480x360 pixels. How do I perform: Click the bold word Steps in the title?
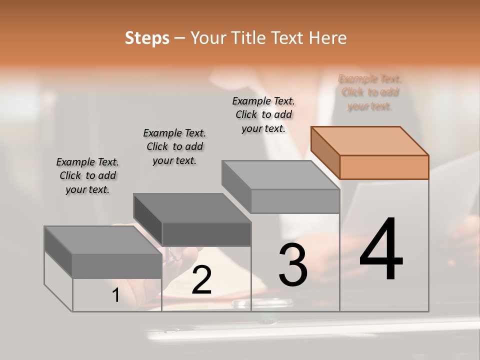(x=147, y=38)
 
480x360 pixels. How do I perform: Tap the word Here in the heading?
(x=327, y=38)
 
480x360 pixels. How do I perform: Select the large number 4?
(x=381, y=250)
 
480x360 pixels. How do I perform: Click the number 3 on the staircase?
(x=293, y=265)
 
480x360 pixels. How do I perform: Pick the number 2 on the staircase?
(x=201, y=280)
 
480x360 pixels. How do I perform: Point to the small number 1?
(x=116, y=295)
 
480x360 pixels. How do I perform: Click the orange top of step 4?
(x=369, y=140)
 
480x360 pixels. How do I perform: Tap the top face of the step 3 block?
(x=280, y=175)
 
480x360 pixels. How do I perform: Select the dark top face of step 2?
(x=191, y=207)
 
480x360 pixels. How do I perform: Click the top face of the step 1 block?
(x=102, y=240)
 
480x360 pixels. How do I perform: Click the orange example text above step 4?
(x=370, y=92)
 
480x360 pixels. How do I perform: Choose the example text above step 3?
(x=263, y=114)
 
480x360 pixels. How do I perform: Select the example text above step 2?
(x=174, y=146)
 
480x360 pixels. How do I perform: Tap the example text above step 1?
(x=87, y=175)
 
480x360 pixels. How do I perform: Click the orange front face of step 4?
(x=384, y=167)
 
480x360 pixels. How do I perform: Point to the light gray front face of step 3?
(x=295, y=201)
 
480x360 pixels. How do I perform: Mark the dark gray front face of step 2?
(x=206, y=234)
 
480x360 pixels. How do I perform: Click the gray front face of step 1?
(x=117, y=266)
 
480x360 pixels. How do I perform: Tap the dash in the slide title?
(x=180, y=38)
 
